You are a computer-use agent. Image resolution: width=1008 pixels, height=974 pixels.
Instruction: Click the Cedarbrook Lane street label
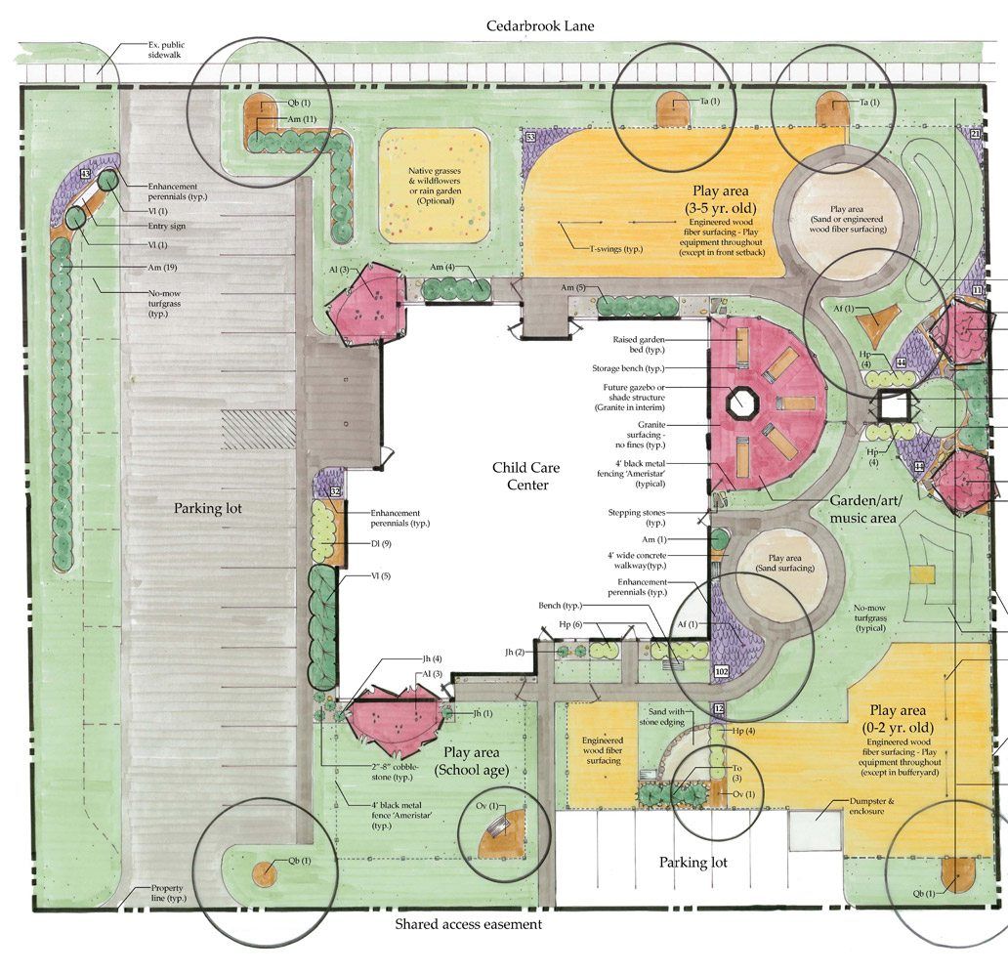(x=539, y=26)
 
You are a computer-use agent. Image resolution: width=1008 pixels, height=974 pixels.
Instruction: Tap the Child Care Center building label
(x=526, y=477)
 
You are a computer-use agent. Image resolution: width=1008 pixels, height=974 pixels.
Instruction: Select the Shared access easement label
(x=468, y=924)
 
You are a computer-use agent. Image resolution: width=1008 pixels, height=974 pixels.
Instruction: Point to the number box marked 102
(x=721, y=672)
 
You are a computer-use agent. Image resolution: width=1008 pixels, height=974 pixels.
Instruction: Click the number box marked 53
(x=531, y=137)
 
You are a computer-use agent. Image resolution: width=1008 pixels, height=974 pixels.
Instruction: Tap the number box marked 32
(x=335, y=491)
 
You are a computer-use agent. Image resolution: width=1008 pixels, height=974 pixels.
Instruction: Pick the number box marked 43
(x=85, y=174)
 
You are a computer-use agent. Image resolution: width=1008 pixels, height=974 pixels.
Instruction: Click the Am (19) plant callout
(x=162, y=268)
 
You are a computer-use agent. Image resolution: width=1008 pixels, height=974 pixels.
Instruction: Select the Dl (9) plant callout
(x=381, y=544)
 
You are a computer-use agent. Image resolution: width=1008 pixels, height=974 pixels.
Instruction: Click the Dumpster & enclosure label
(x=871, y=806)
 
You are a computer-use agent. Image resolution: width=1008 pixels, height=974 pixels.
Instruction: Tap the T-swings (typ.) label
(x=616, y=249)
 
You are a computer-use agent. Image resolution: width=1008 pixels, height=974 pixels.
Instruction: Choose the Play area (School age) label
(x=471, y=761)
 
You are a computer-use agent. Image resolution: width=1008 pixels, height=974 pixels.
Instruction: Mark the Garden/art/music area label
(x=864, y=509)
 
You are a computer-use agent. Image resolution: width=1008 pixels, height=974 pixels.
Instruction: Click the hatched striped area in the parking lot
(x=259, y=430)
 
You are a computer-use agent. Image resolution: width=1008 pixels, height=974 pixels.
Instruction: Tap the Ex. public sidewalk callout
(x=166, y=50)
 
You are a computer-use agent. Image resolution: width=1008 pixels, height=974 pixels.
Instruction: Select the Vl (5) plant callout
(x=381, y=576)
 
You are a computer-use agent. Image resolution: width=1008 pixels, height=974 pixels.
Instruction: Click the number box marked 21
(x=975, y=134)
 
